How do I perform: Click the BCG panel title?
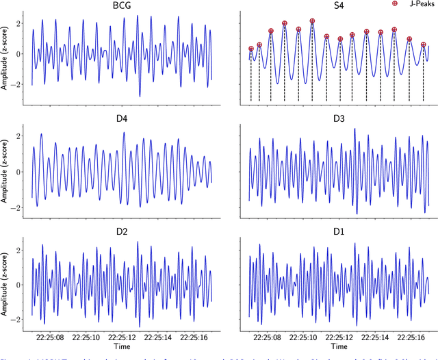click(122, 6)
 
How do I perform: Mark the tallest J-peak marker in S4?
click(312, 21)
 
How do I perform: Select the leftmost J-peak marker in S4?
click(251, 49)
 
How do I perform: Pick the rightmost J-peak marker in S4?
click(424, 44)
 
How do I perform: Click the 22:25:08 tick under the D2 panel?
click(51, 337)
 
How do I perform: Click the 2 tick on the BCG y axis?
click(20, 22)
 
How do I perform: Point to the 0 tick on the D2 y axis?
click(20, 284)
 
